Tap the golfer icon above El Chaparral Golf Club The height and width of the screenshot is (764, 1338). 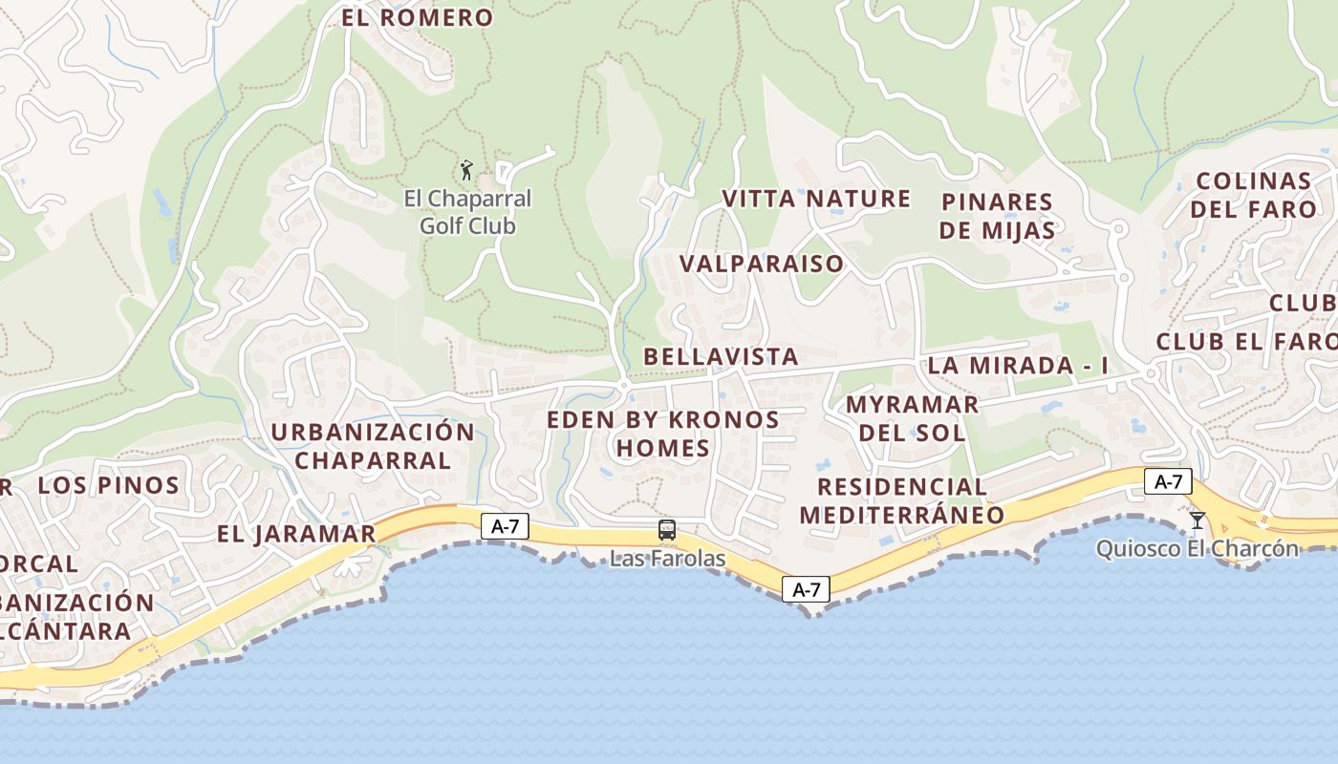[x=466, y=171]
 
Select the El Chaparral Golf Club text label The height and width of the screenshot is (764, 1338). [x=467, y=212]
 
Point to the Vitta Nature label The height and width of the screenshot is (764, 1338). [x=816, y=199]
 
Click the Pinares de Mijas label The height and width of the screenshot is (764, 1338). [x=997, y=216]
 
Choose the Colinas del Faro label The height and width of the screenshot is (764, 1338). [x=1254, y=195]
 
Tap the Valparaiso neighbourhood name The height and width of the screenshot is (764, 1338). [x=762, y=264]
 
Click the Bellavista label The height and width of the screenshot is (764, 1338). [x=721, y=357]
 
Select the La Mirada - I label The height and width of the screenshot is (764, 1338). [x=1018, y=365]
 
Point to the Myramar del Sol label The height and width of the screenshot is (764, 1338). [x=912, y=417]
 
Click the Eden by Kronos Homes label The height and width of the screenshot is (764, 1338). [x=663, y=434]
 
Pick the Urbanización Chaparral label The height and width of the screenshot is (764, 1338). [x=373, y=445]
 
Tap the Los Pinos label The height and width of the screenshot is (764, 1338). [x=108, y=485]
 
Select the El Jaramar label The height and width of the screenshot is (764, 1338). [x=296, y=534]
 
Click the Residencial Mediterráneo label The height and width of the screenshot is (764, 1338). [x=902, y=500]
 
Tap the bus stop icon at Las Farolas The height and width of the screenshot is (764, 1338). [x=667, y=530]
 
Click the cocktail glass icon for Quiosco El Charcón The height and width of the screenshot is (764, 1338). [x=1197, y=520]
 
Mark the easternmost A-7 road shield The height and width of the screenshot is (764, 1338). [x=1168, y=482]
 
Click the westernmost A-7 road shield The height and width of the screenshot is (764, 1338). [x=505, y=525]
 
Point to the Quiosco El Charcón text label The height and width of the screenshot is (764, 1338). [x=1198, y=549]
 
